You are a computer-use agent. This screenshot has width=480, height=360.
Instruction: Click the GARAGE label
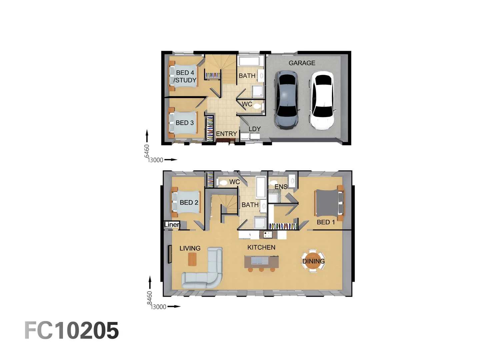coord(302,63)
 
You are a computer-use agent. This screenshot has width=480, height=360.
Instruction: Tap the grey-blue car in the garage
coord(286,100)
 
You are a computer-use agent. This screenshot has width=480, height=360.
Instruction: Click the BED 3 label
coord(185,123)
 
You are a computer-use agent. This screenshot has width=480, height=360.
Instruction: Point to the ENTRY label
coord(226,134)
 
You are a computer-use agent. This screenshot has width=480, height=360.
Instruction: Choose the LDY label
coord(254,129)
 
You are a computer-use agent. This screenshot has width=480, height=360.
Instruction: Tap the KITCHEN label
coord(261,247)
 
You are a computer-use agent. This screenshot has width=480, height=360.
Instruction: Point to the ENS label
coord(281,187)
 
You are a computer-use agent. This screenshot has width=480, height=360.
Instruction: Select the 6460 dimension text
coord(147,151)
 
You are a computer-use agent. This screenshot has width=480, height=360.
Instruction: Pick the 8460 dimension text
coord(150,298)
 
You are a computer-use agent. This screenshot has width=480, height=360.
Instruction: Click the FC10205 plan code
coord(72,331)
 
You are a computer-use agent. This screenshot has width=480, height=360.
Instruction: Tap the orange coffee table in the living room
coord(192,259)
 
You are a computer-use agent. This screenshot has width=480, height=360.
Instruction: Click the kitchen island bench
coord(261,262)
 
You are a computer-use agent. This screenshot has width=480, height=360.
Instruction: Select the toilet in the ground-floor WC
coord(257,107)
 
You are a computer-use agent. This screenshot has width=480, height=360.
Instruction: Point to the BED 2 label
coord(189,203)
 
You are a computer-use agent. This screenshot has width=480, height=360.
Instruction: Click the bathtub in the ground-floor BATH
coord(249,61)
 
